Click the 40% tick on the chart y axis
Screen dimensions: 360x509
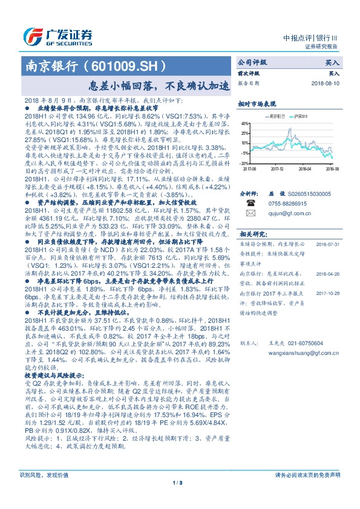point(244,123)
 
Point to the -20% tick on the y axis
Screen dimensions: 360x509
point(244,163)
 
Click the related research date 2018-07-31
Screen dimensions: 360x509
point(327,244)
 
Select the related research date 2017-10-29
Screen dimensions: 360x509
point(327,290)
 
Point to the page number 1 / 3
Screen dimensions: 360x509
point(179,482)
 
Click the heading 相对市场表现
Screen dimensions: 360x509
point(257,103)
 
